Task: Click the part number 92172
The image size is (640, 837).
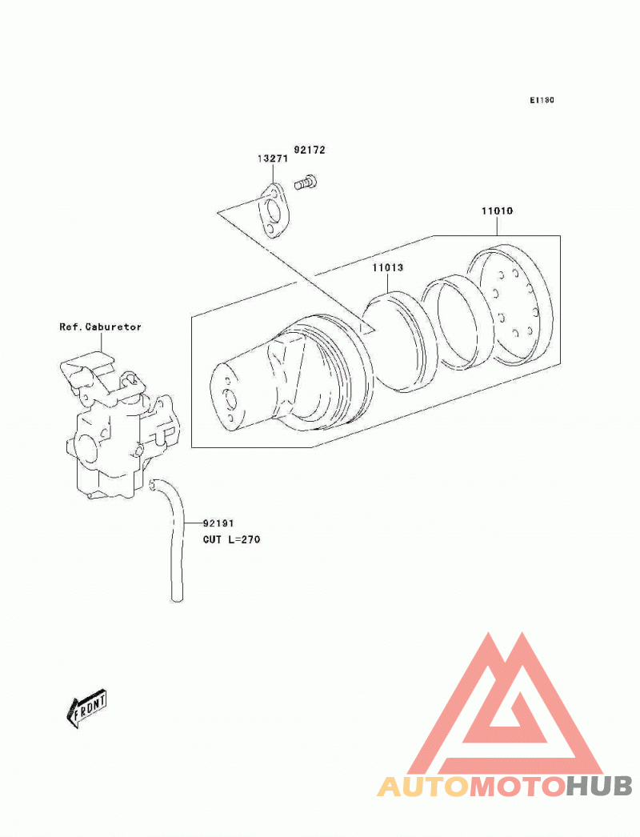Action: [x=310, y=150]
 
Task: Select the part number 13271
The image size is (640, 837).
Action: [x=273, y=158]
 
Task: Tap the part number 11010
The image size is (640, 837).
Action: [x=497, y=211]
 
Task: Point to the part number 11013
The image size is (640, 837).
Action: [x=387, y=267]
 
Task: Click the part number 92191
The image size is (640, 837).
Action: [x=218, y=523]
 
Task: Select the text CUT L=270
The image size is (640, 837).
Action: [x=232, y=539]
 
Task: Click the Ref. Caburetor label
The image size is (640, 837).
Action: [x=100, y=326]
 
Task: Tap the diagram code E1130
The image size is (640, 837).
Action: [x=542, y=100]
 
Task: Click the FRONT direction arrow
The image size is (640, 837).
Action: [x=86, y=709]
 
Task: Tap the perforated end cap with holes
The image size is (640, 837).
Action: [x=510, y=304]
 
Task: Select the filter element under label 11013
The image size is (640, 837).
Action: [x=399, y=342]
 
